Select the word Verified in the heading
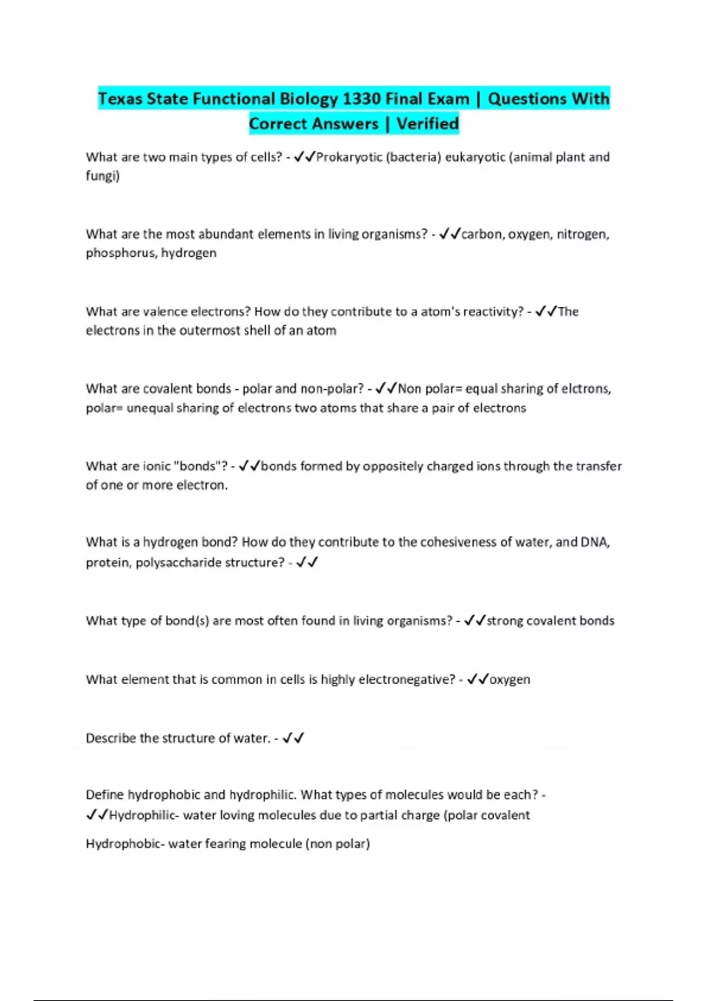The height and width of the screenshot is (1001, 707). point(427,124)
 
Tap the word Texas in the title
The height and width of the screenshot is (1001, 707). point(120,98)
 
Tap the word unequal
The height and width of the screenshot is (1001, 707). point(150,408)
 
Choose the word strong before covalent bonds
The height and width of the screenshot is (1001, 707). point(504,621)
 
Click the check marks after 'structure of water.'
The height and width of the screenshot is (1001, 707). point(293,738)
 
